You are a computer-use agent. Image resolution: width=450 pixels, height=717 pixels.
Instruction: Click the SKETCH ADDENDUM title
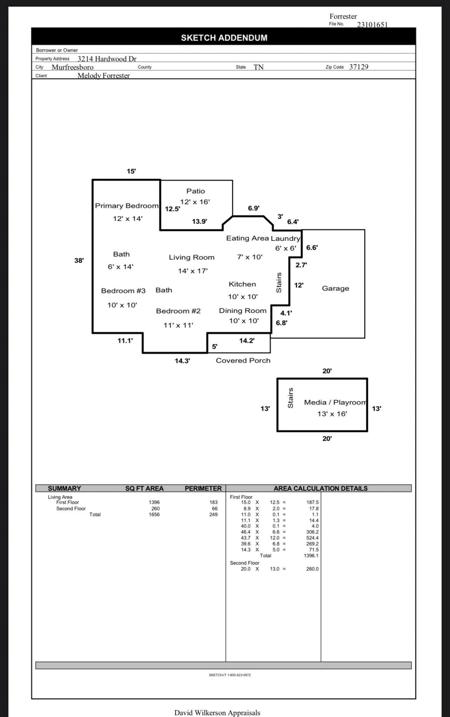[x=224, y=38]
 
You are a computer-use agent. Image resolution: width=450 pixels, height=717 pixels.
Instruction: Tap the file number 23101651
[x=372, y=25]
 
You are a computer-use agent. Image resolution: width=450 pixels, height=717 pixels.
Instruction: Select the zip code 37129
[x=359, y=67]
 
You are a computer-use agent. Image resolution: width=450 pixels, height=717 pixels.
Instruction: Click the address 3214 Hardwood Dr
[x=107, y=59]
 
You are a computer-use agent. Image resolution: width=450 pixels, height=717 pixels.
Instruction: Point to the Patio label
[x=196, y=191]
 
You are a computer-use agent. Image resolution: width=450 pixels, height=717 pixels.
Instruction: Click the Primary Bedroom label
[x=127, y=206]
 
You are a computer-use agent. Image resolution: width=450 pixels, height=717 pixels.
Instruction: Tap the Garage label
[x=335, y=288]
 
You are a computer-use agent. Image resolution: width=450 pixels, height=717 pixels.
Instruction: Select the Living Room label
[x=191, y=257]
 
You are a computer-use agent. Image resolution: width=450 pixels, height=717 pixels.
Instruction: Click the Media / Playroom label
[x=335, y=403]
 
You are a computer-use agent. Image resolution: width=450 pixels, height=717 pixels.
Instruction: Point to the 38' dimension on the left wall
[x=79, y=260]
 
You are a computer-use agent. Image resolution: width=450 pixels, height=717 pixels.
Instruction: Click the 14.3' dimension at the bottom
[x=182, y=361]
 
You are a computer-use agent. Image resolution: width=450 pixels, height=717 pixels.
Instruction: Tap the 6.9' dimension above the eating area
[x=253, y=208]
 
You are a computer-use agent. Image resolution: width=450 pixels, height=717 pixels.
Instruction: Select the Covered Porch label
[x=243, y=361]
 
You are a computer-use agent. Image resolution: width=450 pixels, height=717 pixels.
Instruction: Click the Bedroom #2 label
[x=178, y=311]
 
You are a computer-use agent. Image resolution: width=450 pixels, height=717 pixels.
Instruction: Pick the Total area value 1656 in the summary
[x=154, y=514]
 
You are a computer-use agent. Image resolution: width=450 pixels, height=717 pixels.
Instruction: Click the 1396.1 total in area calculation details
[x=311, y=556]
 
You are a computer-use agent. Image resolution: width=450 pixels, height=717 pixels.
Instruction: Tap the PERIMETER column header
[x=203, y=488]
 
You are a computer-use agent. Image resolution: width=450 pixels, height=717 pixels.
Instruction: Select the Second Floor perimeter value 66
[x=214, y=508]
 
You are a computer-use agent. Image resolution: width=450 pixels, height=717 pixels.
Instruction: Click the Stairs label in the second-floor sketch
[x=290, y=398]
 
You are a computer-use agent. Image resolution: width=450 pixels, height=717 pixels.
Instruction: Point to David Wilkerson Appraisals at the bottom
[x=217, y=712]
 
